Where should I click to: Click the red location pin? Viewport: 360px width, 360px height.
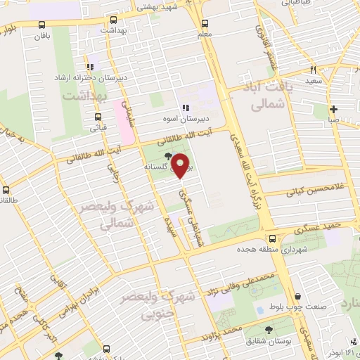tap(181, 166)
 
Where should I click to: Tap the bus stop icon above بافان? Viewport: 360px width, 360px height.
tap(36, 28)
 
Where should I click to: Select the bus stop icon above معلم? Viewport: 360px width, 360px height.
tap(205, 22)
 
